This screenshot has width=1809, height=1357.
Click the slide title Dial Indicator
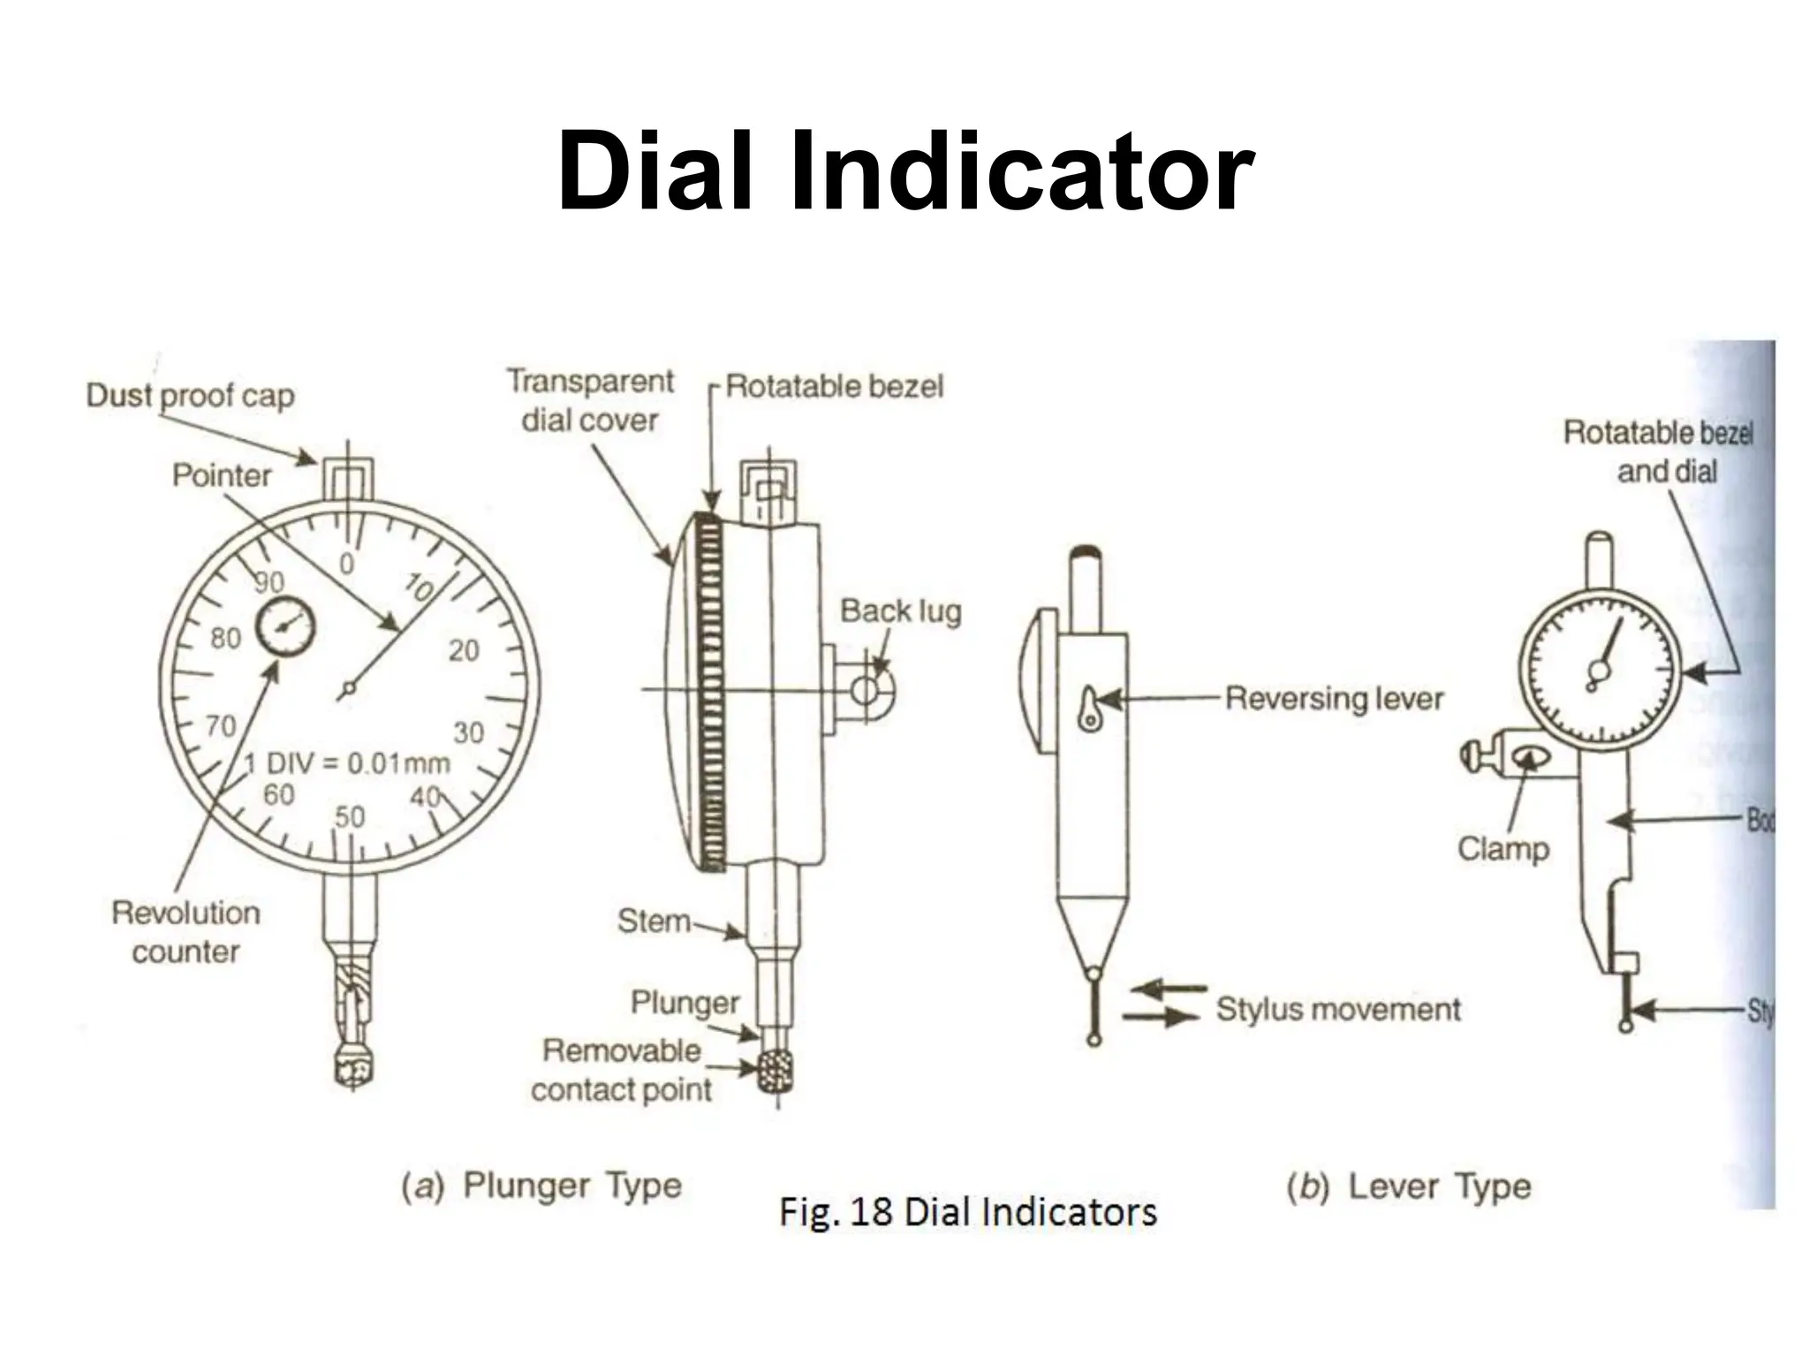click(x=904, y=171)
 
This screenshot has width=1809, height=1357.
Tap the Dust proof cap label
click(x=190, y=396)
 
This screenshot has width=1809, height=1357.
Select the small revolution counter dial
click(x=284, y=625)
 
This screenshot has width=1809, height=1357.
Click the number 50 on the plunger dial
click(x=350, y=816)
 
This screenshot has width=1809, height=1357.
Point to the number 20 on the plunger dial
click(x=464, y=651)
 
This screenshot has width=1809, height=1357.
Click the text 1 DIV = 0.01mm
click(x=346, y=763)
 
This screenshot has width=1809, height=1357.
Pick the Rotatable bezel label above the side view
click(x=834, y=386)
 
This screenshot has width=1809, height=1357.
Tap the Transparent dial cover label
click(x=590, y=400)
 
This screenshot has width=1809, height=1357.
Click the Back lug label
click(x=900, y=610)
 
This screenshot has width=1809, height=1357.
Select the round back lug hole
click(x=867, y=690)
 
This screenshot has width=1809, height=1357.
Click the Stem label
click(x=654, y=921)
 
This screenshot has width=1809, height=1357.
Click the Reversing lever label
click(x=1334, y=698)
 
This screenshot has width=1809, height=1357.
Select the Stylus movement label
click(x=1337, y=1009)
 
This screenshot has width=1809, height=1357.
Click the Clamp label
click(x=1502, y=848)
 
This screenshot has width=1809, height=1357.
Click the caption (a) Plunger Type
click(x=541, y=1186)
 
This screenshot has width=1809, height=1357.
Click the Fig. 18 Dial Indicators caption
click(x=967, y=1212)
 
